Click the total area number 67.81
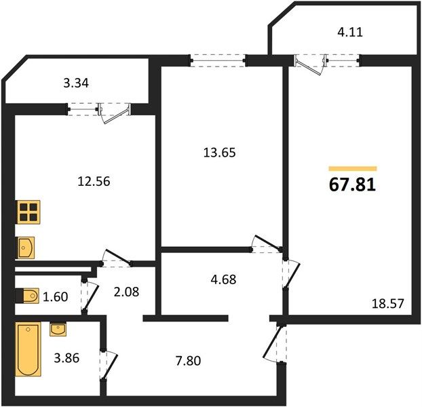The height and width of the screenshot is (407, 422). pos(352,185)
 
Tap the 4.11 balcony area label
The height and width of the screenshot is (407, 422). pos(350,33)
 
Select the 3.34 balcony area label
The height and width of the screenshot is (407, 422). pos(76,83)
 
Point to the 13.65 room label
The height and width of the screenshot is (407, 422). pos(219,153)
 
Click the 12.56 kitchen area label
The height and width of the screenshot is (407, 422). pos(94,182)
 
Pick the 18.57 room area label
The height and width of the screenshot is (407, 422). pos(388,304)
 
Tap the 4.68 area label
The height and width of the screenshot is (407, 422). pos(223,279)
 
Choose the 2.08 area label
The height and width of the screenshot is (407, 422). pos(126,292)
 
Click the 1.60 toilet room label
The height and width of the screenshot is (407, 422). pos(56,297)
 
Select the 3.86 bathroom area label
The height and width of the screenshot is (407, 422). pos(66,358)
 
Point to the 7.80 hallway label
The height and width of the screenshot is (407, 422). pos(188,361)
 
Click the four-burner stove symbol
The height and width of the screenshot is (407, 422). pos(28,212)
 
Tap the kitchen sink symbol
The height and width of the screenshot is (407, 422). pos(26,248)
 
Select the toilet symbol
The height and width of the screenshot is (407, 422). pos(27,296)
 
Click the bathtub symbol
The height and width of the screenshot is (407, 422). pos(28,349)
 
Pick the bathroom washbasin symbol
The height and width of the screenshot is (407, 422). pos(58,330)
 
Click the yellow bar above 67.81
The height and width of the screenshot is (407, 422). pos(353,169)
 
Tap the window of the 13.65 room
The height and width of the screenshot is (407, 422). pos(218,60)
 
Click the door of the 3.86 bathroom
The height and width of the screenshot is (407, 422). pos(109,365)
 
